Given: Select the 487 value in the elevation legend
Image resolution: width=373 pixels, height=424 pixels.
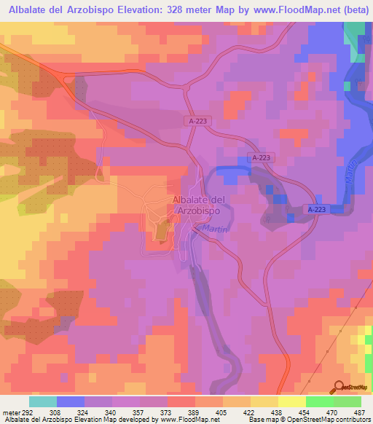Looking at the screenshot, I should (359, 412).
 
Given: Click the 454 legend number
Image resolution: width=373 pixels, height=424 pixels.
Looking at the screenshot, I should (303, 412).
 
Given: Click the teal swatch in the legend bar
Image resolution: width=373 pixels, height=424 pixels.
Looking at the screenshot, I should (43, 401).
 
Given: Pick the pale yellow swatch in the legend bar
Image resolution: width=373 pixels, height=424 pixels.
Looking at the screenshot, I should (291, 401).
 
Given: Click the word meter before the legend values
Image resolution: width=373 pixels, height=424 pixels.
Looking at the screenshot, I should (9, 412).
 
